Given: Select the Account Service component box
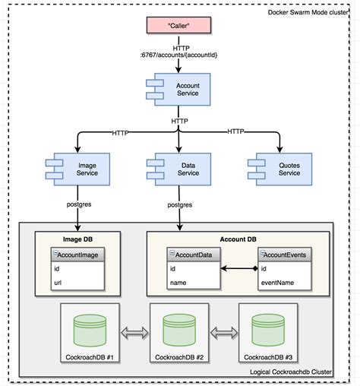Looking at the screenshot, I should click(x=180, y=90).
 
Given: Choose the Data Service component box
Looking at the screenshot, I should click(x=179, y=168).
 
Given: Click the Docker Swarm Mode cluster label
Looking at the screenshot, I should click(x=311, y=12).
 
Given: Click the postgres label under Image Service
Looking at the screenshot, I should click(x=78, y=204).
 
